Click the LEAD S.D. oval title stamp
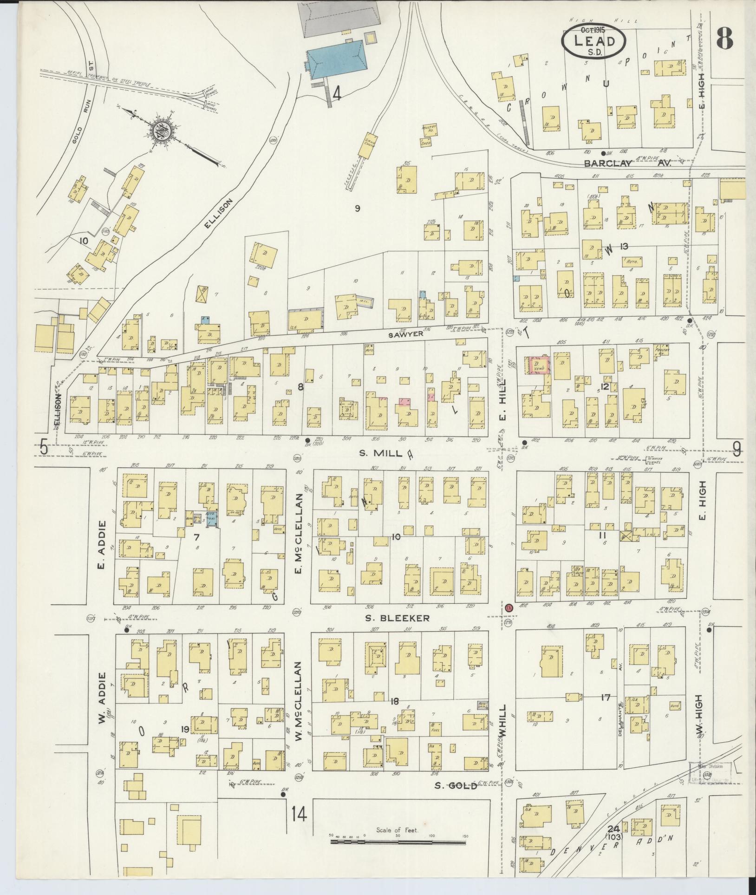(594, 42)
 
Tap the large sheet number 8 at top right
(724, 37)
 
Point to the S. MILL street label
(379, 453)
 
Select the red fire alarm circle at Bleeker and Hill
(508, 608)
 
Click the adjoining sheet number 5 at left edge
(44, 448)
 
